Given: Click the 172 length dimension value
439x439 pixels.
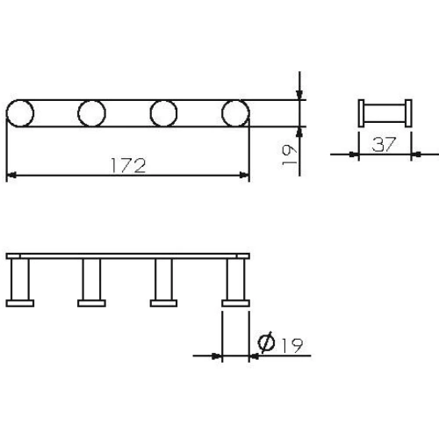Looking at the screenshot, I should pyautogui.click(x=127, y=165).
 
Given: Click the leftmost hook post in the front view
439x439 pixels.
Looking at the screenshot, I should pyautogui.click(x=19, y=281).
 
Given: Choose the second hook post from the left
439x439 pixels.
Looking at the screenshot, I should pyautogui.click(x=91, y=281).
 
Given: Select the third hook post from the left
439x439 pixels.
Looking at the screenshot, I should pyautogui.click(x=163, y=281).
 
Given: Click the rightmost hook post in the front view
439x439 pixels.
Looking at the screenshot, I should pyautogui.click(x=235, y=281).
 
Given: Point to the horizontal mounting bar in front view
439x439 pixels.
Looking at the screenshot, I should pyautogui.click(x=127, y=256).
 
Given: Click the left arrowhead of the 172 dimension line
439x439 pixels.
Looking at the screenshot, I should pyautogui.click(x=11, y=176).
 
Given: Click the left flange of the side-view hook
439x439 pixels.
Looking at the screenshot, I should pyautogui.click(x=362, y=114).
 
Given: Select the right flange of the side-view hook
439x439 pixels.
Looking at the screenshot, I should pyautogui.click(x=410, y=114).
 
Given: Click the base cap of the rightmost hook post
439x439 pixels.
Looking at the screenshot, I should pyautogui.click(x=235, y=304).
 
